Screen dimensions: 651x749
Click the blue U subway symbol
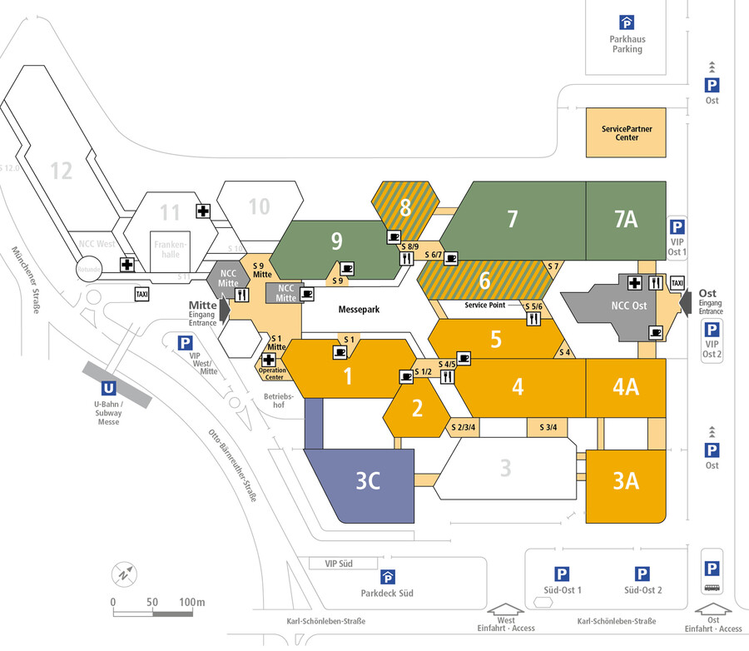coord(108,387)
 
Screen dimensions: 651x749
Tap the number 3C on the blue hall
coord(368,482)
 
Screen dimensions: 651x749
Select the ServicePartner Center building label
coord(627,133)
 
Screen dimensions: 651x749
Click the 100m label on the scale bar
coord(192,602)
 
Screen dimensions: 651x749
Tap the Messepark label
coord(359,310)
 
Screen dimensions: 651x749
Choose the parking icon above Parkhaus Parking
coord(626,23)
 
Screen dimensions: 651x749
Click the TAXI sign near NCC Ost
coord(677,283)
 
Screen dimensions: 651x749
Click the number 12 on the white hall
coord(61,171)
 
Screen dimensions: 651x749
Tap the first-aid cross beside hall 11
coord(203,211)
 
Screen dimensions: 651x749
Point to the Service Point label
coord(484,306)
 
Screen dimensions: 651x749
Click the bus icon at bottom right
coord(712,588)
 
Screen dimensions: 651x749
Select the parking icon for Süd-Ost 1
coord(563,574)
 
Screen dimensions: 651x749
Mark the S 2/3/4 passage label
coord(462,428)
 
